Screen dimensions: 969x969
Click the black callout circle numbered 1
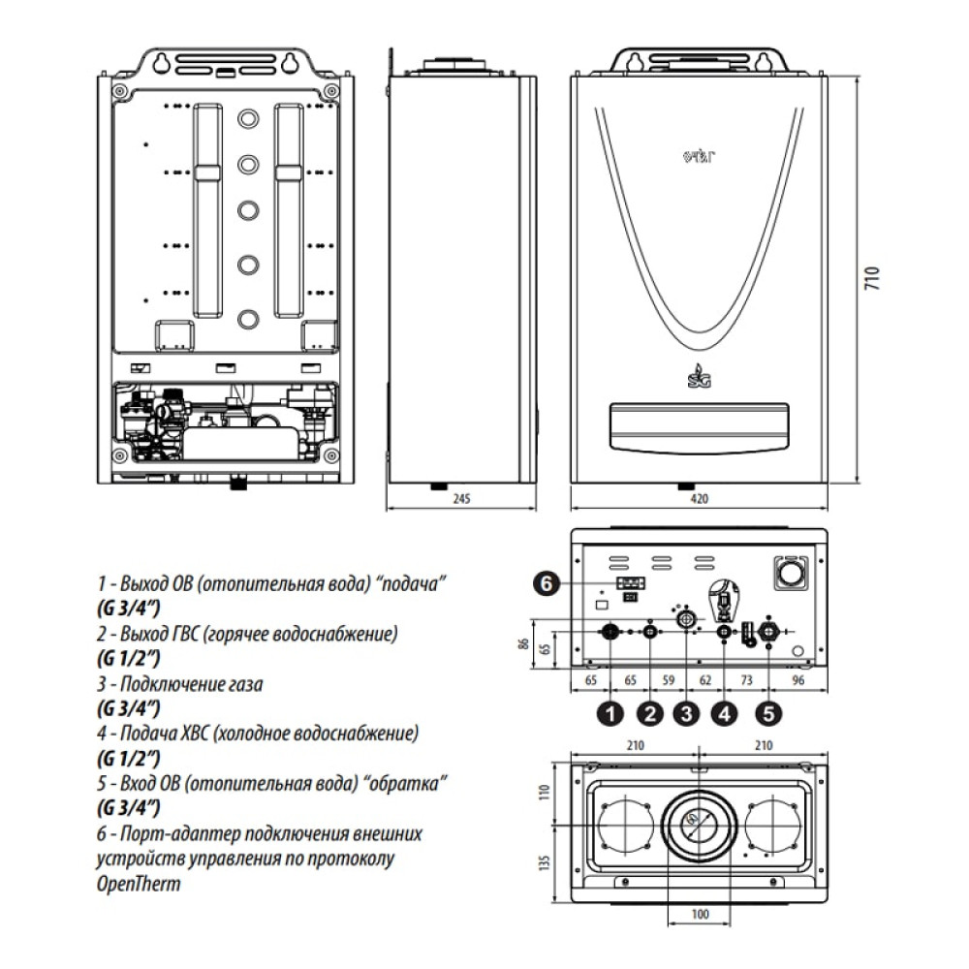[610, 715]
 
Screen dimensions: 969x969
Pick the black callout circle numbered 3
[686, 715]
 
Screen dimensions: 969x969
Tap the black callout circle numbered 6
[547, 582]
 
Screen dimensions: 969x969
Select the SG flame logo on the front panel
[697, 373]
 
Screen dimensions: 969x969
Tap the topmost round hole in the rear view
[248, 120]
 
